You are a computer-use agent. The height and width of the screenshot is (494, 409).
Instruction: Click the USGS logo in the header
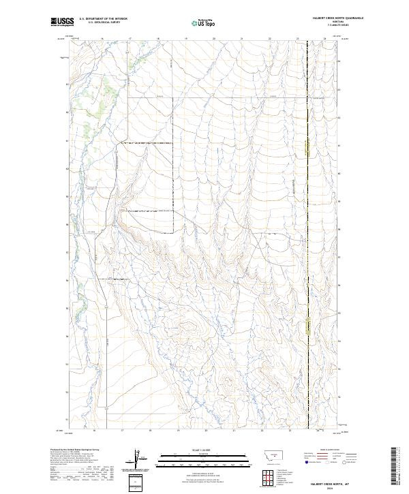pyautogui.click(x=62, y=22)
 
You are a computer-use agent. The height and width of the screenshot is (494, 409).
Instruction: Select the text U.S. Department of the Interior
pyautogui.click(x=103, y=18)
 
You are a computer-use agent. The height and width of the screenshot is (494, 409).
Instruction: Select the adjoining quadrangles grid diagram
pyautogui.click(x=267, y=478)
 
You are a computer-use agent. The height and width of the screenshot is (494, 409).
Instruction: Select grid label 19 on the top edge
pyautogui.click(x=186, y=40)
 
